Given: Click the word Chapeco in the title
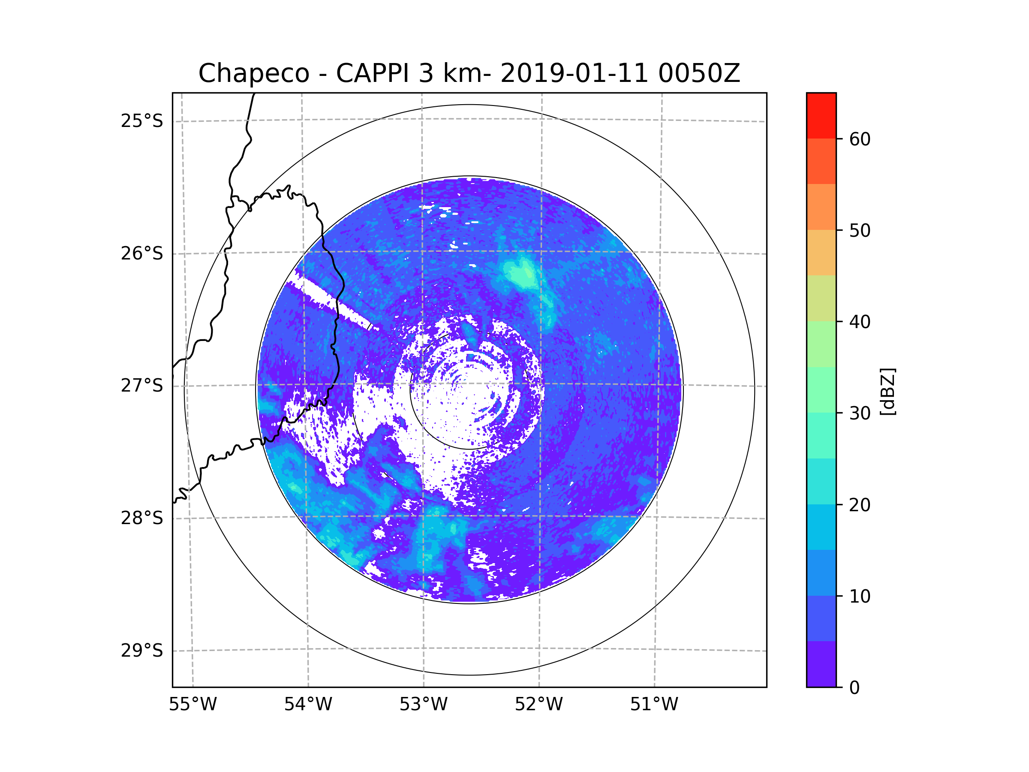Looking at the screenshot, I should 253,73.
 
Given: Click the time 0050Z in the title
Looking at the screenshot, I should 699,73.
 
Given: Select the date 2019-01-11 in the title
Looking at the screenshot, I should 574,73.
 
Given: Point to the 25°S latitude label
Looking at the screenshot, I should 142,121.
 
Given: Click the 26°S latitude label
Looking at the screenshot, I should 142,253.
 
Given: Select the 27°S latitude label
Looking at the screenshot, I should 142,386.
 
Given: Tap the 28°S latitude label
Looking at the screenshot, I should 142,518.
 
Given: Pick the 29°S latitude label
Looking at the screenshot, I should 142,651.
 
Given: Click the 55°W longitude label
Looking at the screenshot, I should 193,705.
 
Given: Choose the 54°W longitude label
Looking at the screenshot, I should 308,705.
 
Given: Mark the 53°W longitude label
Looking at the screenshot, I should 423,705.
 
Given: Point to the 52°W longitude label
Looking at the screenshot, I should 539,705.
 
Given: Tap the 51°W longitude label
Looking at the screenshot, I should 654,705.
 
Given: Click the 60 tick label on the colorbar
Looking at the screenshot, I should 860,139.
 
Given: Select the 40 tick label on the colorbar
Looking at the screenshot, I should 860,322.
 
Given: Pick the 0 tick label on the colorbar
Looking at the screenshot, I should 854,688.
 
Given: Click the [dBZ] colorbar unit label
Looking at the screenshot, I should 888,392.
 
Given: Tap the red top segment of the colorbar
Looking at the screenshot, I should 821,115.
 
